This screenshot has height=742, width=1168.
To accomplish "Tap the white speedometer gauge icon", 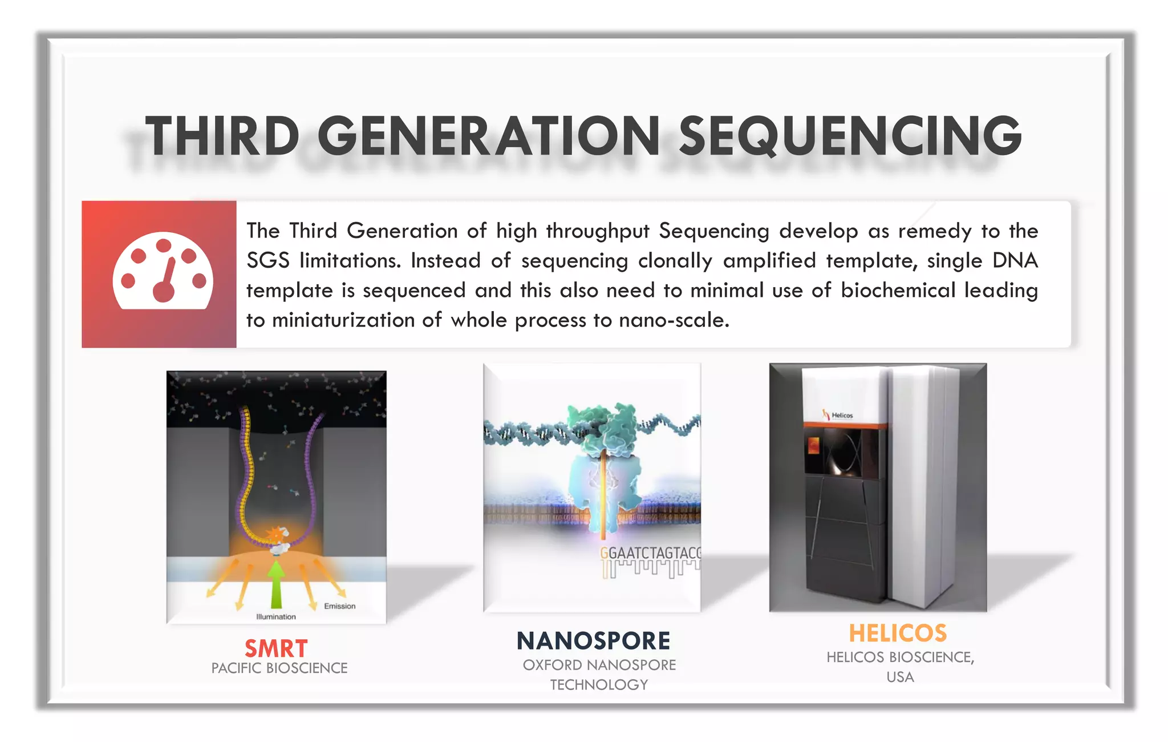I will tap(163, 272).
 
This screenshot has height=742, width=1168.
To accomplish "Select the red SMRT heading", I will tap(276, 648).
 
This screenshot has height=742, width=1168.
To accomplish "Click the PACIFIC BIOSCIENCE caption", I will tap(279, 668).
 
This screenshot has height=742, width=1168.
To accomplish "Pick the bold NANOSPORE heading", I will tap(593, 641).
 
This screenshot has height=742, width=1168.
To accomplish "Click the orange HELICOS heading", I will tap(898, 634).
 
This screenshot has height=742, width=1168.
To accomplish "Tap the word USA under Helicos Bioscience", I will tap(900, 678).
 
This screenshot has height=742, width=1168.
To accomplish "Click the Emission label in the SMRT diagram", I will tap(339, 606).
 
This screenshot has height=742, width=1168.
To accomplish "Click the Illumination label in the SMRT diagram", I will tap(276, 617).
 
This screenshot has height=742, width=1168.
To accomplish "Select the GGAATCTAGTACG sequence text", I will tap(650, 553).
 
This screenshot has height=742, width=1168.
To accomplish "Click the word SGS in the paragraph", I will tap(267, 261).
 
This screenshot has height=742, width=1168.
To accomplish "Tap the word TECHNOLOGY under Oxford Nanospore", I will tap(599, 685).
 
